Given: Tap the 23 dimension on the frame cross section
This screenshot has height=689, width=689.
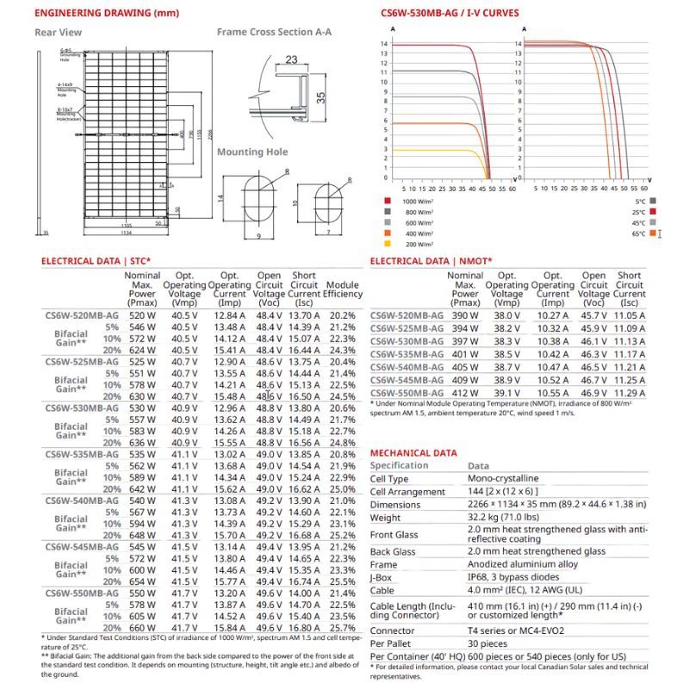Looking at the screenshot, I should pyautogui.click(x=292, y=59).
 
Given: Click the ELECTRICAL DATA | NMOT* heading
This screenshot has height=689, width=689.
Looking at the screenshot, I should pyautogui.click(x=431, y=260).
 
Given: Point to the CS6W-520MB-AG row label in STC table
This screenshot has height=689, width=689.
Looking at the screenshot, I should pyautogui.click(x=82, y=316).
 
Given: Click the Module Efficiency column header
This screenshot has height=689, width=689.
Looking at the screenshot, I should pyautogui.click(x=343, y=289).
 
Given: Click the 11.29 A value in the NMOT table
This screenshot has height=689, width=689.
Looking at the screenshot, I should pyautogui.click(x=630, y=393).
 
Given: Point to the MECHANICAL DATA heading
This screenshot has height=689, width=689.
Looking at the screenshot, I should pyautogui.click(x=413, y=452).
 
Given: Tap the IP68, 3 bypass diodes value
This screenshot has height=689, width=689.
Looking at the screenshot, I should pyautogui.click(x=519, y=578).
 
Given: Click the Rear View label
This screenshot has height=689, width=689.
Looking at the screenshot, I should pyautogui.click(x=58, y=32).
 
